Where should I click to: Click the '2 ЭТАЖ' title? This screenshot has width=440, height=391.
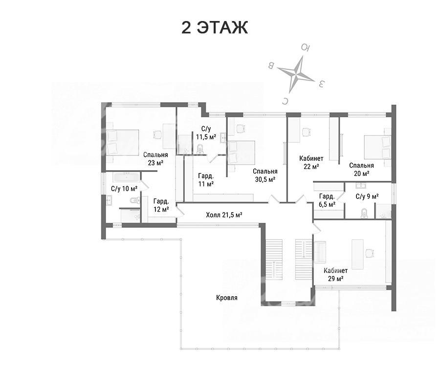tap(215, 28)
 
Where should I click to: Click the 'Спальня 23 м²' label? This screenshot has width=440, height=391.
tap(155, 159)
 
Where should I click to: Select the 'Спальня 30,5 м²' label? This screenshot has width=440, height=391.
tap(265, 175)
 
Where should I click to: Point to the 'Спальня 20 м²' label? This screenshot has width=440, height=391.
tap(361, 170)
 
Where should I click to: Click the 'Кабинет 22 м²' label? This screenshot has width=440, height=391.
tap(311, 162)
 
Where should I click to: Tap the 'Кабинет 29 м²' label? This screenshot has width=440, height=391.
tap(335, 275)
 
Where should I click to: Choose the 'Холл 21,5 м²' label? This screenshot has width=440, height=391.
tap(224, 215)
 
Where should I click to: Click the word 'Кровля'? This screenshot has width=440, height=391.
tap(227, 298)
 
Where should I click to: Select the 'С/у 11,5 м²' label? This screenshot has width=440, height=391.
tap(206, 133)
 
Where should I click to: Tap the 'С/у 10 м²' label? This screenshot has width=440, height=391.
tap(124, 189)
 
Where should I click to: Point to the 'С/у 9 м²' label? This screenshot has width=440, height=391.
tap(367, 196)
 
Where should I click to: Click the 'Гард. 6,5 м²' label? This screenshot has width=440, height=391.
tap(327, 200)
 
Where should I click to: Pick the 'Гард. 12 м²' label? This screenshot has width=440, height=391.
tap(161, 205)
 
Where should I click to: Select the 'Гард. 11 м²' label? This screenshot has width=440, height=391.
tap(206, 180)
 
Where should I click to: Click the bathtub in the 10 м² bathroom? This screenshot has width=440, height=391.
tap(126, 177)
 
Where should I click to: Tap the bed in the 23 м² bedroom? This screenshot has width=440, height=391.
tap(122, 142)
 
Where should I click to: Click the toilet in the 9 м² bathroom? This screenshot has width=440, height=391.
tap(365, 213)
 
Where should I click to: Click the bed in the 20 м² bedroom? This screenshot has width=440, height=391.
tap(377, 147)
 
